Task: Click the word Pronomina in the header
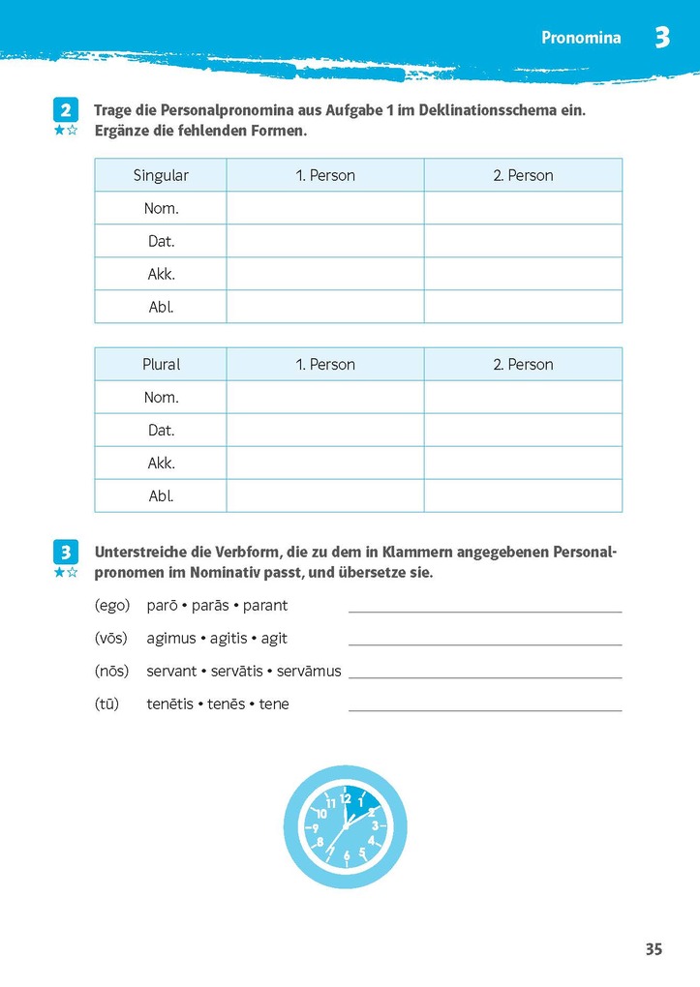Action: (581, 39)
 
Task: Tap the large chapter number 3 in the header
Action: (661, 38)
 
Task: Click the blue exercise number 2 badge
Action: (65, 109)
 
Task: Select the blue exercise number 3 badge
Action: (65, 553)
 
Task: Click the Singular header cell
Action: (161, 175)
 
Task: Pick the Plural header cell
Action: (161, 365)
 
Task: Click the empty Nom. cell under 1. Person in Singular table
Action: (325, 208)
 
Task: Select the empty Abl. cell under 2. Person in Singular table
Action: (523, 307)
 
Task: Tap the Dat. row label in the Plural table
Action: (161, 431)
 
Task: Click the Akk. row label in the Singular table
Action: (161, 274)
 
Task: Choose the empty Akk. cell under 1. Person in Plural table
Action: (325, 464)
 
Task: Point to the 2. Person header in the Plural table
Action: (523, 365)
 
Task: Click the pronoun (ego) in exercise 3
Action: (112, 606)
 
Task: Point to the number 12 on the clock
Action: (345, 797)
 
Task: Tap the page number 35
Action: (654, 949)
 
